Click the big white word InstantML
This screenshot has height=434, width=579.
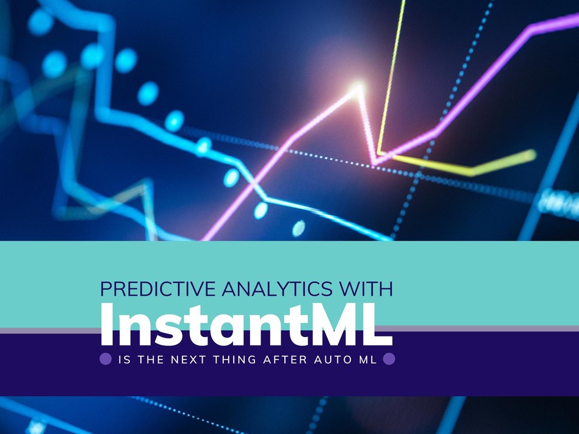coord(246,325)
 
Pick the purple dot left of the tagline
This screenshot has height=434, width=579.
coord(106,358)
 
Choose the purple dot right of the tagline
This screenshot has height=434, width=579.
coord(389,358)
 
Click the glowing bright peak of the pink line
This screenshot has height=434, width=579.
coord(357,88)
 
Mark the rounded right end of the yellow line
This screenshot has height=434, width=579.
coord(531,155)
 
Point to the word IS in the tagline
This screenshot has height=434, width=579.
coord(124,360)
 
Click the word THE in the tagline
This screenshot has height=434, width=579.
coord(151,360)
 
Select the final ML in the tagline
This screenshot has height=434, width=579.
coord(367,360)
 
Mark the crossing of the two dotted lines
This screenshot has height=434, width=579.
coord(418,174)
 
